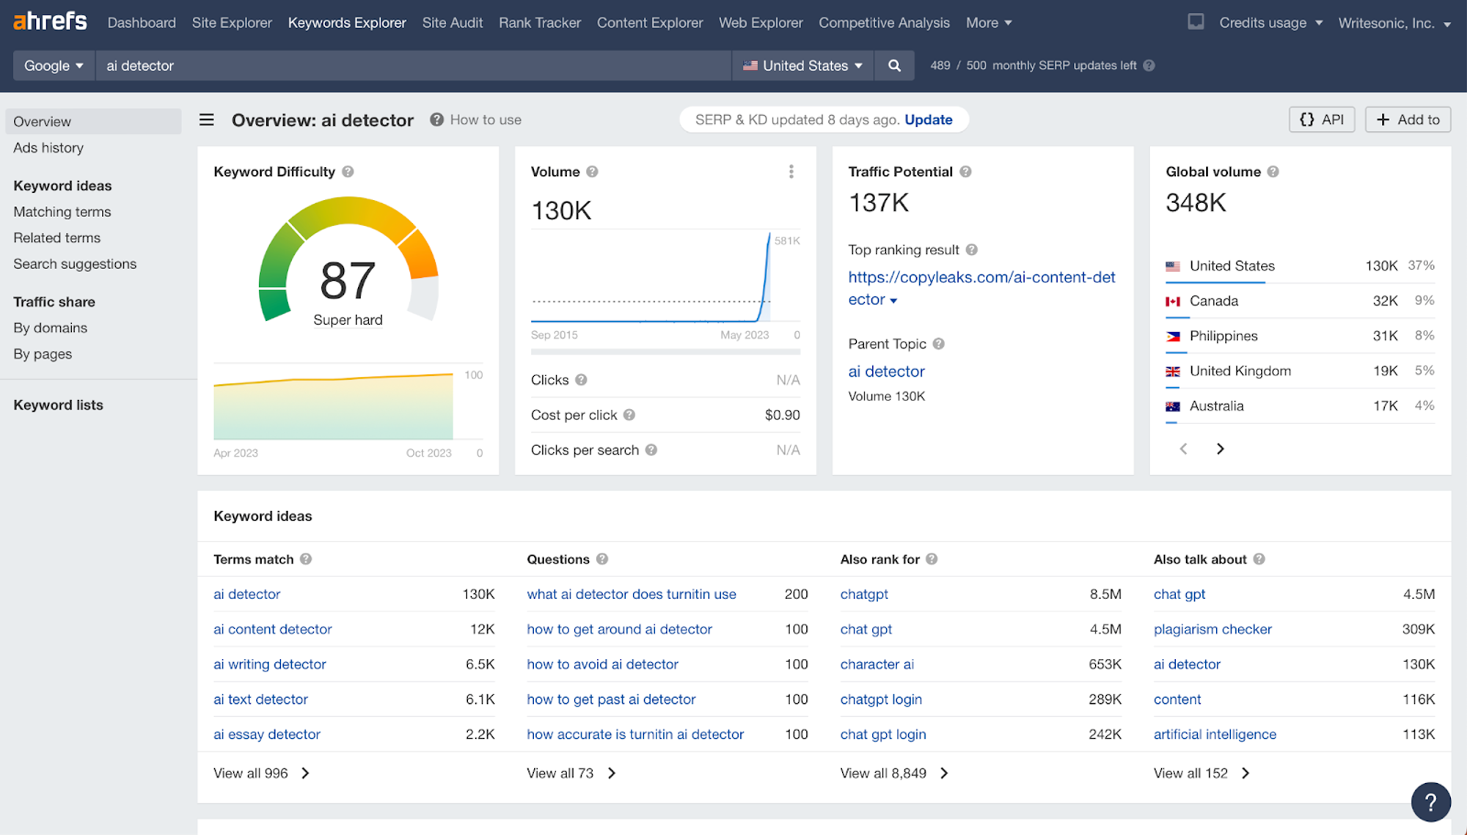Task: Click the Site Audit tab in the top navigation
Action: coord(452,23)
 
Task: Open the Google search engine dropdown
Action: coord(54,66)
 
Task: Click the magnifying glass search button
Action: coord(894,66)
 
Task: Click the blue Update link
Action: coord(928,119)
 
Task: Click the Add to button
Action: coord(1408,119)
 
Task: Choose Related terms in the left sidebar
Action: coord(56,238)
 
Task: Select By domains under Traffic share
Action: coord(50,328)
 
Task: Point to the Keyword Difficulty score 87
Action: coord(348,281)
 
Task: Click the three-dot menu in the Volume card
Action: coord(791,172)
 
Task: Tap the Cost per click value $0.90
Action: coord(782,415)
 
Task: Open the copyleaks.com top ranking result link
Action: coord(981,277)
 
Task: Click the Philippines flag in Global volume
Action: coord(1173,336)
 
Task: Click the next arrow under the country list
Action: coord(1220,449)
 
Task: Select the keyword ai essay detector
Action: coord(266,734)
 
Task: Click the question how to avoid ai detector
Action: coord(602,664)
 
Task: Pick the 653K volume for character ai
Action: coord(1105,664)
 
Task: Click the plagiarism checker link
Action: coord(1212,629)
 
